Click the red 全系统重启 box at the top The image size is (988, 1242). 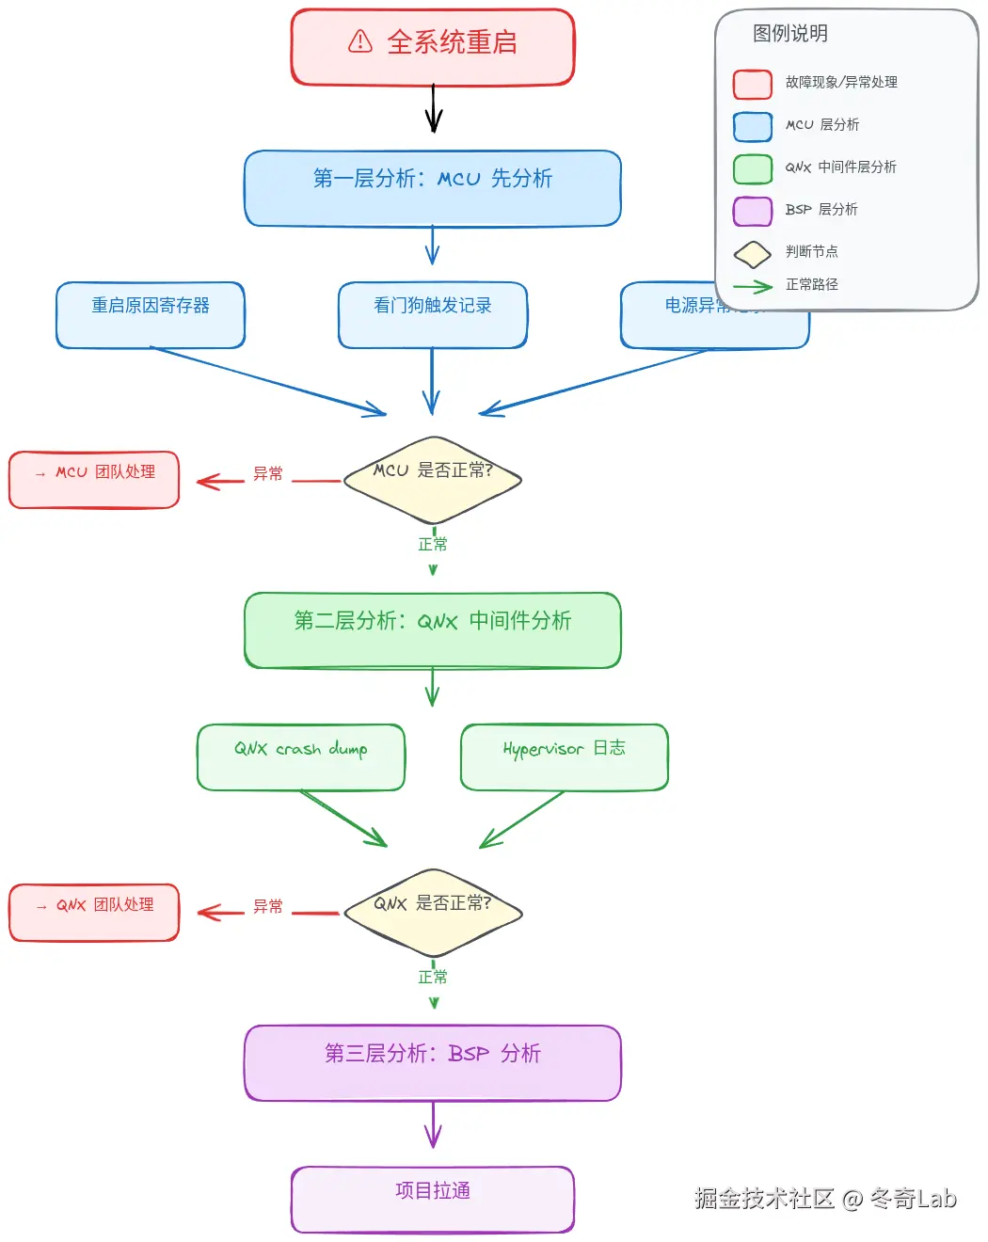433,47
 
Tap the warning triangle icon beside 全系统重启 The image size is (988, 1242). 360,41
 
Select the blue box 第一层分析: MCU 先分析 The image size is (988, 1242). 433,188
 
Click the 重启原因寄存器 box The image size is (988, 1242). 151,315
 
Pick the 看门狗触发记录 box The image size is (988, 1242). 433,315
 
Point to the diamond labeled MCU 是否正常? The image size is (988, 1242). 433,479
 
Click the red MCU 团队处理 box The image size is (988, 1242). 94,480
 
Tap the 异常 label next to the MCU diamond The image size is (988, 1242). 267,474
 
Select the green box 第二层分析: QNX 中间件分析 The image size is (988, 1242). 433,629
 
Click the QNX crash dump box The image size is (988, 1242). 301,756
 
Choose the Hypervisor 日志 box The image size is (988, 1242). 565,756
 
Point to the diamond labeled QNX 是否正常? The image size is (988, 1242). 433,912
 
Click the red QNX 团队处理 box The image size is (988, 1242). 94,912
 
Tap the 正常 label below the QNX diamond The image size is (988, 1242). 433,978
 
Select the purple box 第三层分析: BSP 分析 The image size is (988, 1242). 433,1062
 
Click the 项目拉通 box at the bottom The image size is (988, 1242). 433,1199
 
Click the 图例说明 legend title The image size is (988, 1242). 790,34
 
